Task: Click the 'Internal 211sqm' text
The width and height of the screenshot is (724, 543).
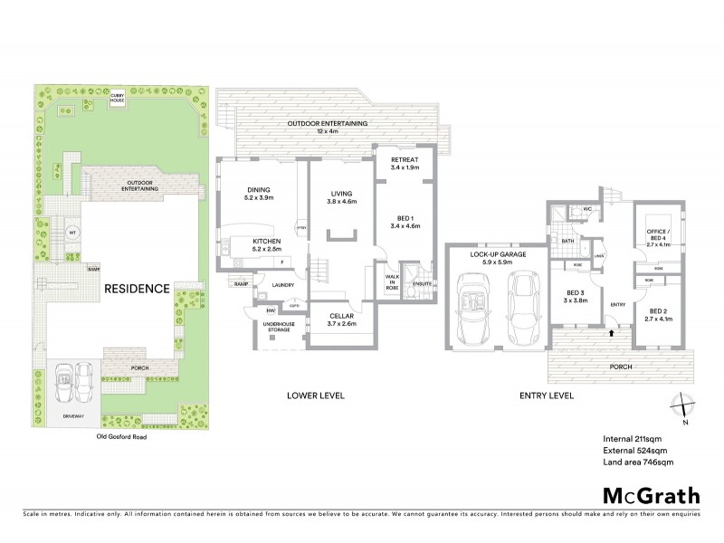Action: click(x=634, y=439)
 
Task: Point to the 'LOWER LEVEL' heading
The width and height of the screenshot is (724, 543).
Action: click(x=315, y=395)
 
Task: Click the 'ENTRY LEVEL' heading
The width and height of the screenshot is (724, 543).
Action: click(x=546, y=395)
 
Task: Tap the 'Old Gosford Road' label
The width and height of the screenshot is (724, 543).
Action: click(x=120, y=435)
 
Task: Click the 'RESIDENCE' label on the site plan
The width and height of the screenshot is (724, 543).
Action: click(x=136, y=289)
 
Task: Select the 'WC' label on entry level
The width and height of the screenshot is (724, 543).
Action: click(x=586, y=209)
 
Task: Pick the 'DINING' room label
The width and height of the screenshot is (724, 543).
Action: click(x=259, y=191)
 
